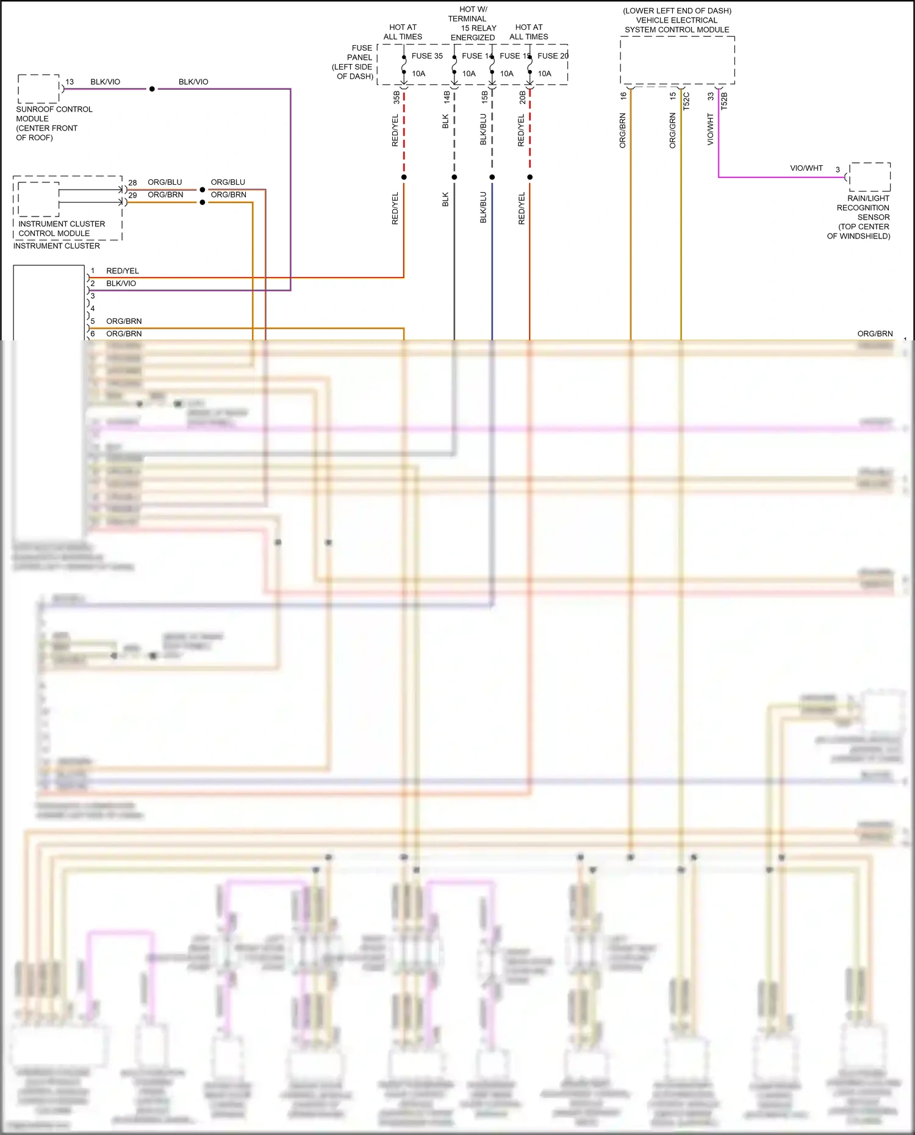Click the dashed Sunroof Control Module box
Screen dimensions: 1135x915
coord(38,89)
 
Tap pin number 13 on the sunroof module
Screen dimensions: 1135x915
coord(70,82)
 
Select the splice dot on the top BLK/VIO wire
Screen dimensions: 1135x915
coord(152,89)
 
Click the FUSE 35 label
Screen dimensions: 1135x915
coord(427,56)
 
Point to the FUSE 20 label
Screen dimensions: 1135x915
coord(553,56)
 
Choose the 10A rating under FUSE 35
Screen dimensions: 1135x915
coord(418,74)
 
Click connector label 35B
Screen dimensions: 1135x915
coord(396,97)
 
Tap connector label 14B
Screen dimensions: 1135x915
coord(447,97)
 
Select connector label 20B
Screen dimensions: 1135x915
coord(522,97)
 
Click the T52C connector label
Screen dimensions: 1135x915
coord(686,101)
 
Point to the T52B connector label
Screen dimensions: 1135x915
coord(724,101)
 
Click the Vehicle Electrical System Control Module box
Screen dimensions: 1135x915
coord(677,60)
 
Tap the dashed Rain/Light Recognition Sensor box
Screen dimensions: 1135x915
coord(870,177)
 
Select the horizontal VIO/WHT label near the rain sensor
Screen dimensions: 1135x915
coord(806,168)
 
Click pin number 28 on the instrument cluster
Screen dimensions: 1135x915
coord(132,183)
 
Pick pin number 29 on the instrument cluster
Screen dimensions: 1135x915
coord(132,195)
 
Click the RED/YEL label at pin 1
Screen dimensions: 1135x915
coord(123,271)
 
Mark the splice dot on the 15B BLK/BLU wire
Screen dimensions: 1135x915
coord(492,177)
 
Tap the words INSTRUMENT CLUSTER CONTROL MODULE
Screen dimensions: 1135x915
coord(61,229)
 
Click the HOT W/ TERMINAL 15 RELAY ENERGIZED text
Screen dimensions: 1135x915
coord(473,23)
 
